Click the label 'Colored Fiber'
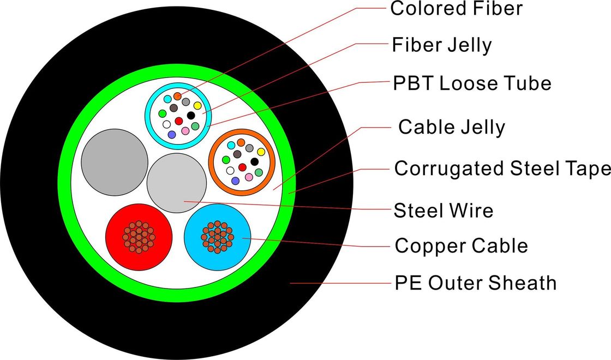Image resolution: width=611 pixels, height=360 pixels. pyautogui.click(x=456, y=8)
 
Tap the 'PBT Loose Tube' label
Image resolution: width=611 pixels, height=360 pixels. pyautogui.click(x=472, y=83)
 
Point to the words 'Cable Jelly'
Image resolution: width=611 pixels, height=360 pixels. pyautogui.click(x=452, y=127)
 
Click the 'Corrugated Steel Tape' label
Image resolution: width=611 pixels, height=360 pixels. pyautogui.click(x=502, y=169)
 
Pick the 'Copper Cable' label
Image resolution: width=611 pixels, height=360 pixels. pyautogui.click(x=461, y=246)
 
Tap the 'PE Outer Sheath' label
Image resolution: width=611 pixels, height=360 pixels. pyautogui.click(x=476, y=283)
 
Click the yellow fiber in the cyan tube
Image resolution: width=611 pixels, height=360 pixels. pyautogui.click(x=197, y=105)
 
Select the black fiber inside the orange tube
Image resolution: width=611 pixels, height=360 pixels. pyautogui.click(x=255, y=161)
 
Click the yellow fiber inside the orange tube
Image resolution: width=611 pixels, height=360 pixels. pyautogui.click(x=261, y=152)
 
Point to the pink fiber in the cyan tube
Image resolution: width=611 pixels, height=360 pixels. pyautogui.click(x=185, y=131)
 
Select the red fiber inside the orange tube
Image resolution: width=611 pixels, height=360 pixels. pyautogui.click(x=242, y=167)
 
